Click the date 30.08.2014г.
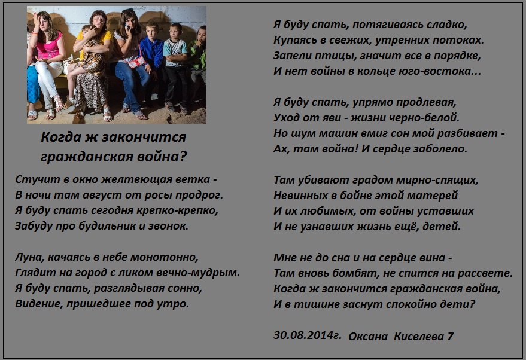308,335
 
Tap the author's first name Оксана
368,336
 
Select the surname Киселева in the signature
419,336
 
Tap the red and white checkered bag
136,62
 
